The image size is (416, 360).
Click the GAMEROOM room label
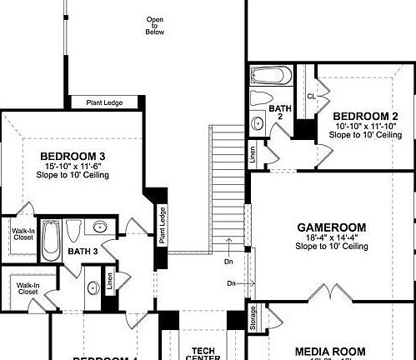332,227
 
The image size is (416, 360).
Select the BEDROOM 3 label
74,155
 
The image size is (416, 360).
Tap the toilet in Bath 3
73,229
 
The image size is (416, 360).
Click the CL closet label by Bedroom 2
311,96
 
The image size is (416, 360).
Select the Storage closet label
253,318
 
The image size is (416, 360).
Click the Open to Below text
155,26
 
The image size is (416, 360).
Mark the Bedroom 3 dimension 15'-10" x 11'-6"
74,166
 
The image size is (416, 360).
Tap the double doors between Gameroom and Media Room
331,292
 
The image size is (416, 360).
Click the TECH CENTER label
205,353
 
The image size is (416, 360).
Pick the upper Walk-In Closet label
23,232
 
